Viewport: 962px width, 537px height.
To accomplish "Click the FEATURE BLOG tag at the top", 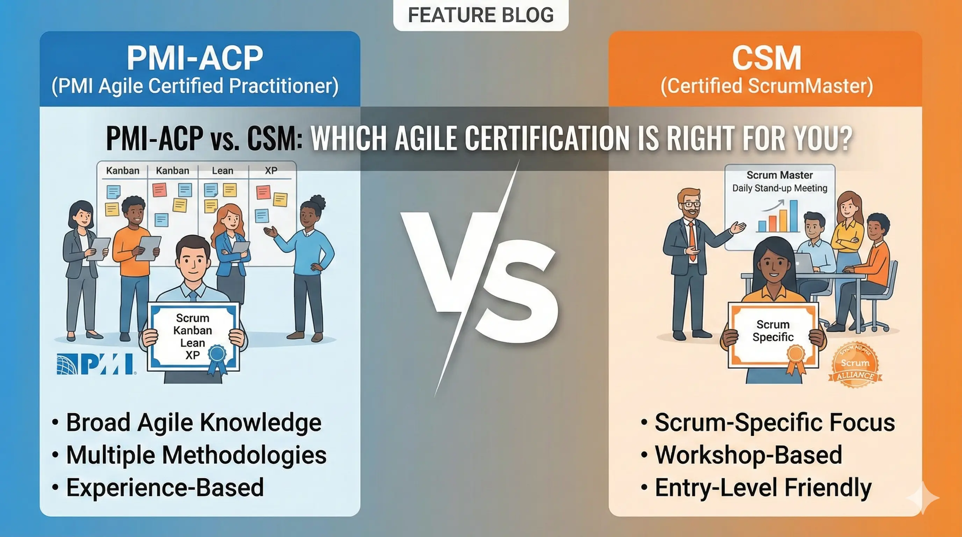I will click(481, 15).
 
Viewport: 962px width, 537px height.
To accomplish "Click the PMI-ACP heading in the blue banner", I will click(195, 58).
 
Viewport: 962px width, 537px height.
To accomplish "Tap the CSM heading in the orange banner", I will click(766, 58).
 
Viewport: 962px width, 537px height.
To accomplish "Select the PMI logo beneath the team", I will click(96, 364).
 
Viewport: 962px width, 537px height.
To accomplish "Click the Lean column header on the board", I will click(223, 171).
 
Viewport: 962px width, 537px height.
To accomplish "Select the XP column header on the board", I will click(271, 171).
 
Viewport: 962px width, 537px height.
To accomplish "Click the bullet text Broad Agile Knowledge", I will click(193, 422).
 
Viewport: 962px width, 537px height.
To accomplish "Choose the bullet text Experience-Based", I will click(165, 488).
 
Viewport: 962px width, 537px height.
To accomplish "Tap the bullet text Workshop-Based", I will click(748, 455).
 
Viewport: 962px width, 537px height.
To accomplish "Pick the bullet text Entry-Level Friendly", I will click(763, 488).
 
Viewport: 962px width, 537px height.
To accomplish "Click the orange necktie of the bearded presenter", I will click(692, 239).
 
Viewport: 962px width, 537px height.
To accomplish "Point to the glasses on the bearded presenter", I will click(692, 204).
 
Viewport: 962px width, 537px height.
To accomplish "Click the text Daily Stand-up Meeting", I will click(780, 188).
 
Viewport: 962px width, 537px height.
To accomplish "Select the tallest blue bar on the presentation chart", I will click(794, 216).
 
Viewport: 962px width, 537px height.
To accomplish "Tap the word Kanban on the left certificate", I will click(193, 330).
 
